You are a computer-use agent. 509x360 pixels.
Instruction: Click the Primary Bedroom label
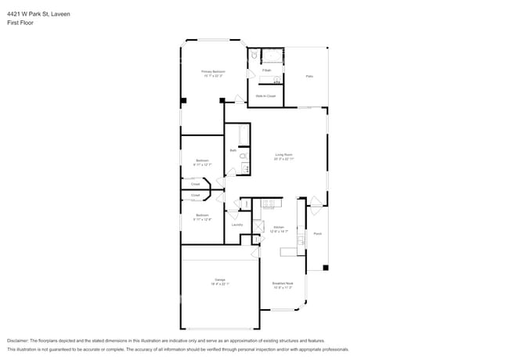[213, 71]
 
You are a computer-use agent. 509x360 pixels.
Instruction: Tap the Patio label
[309, 76]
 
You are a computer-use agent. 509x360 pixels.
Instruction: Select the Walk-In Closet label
[265, 95]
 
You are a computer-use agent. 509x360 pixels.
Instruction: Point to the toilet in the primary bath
[254, 56]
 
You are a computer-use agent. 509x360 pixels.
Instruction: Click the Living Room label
[283, 154]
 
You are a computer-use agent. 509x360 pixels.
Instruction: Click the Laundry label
[237, 225]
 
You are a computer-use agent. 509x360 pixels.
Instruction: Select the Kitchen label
[279, 227]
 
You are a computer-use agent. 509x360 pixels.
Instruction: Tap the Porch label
[317, 233]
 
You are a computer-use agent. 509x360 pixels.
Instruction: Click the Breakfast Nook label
[283, 283]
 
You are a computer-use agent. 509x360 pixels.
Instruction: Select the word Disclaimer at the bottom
[17, 341]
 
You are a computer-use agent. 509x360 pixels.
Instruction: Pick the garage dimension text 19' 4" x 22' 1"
[220, 284]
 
